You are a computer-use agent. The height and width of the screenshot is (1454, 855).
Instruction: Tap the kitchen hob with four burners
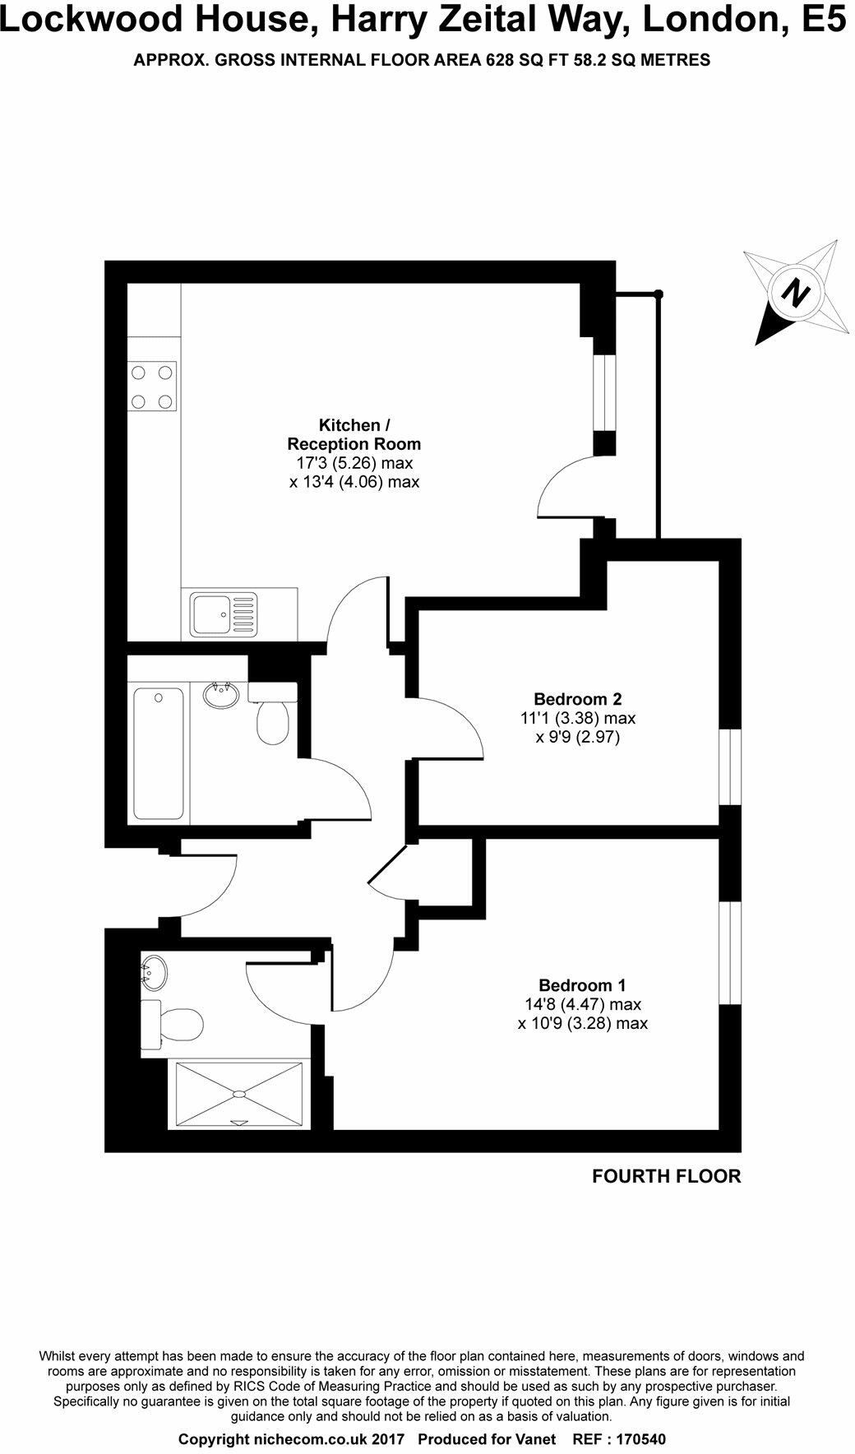[153, 387]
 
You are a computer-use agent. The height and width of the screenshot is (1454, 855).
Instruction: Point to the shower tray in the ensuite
[239, 1095]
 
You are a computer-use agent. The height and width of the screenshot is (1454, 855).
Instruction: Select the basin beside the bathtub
[220, 695]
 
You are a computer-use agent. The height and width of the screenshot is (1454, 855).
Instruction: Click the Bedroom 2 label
[578, 700]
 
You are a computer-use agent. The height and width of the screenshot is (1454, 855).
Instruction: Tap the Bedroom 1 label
[583, 985]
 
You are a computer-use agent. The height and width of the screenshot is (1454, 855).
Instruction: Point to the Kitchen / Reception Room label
[354, 434]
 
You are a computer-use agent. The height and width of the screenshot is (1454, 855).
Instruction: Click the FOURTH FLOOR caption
[667, 1176]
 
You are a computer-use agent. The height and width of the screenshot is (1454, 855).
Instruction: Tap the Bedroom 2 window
[730, 766]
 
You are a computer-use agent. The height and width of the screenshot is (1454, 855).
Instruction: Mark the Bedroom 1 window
[730, 953]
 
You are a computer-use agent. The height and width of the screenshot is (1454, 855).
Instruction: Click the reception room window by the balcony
[605, 392]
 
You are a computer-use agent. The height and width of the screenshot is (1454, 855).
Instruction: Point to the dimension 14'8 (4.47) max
[583, 1004]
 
